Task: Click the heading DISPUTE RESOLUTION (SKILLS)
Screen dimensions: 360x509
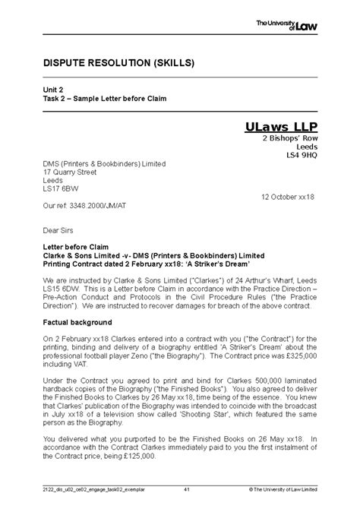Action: coord(112,61)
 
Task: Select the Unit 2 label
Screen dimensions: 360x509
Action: coord(52,89)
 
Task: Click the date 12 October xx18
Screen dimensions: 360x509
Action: coord(287,197)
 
